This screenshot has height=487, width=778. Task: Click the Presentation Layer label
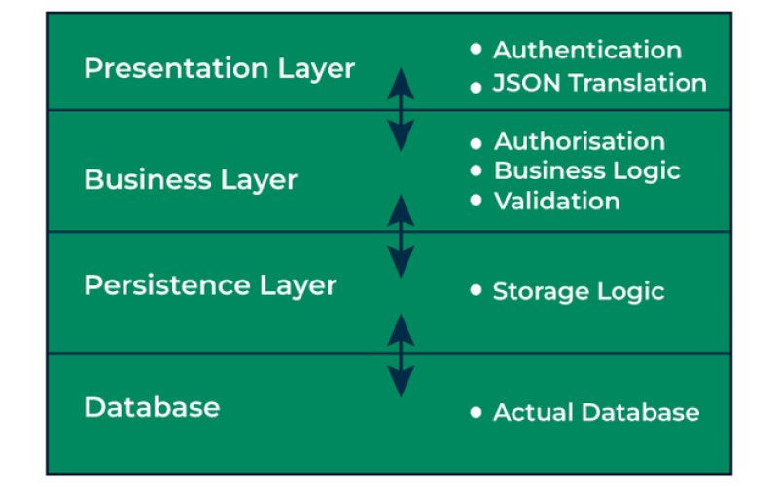[219, 69]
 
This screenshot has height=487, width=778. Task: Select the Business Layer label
[191, 180]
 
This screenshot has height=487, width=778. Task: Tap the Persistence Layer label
[210, 285]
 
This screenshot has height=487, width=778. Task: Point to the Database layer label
[152, 406]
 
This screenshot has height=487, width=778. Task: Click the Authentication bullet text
[586, 50]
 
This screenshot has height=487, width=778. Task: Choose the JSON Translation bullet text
[599, 83]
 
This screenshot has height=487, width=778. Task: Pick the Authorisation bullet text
[579, 142]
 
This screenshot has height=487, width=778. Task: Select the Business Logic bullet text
[586, 170]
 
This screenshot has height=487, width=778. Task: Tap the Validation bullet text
[556, 201]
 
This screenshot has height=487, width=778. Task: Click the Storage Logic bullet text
[578, 291]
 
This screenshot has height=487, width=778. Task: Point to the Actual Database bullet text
[595, 412]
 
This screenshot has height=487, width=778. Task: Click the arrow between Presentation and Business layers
[401, 109]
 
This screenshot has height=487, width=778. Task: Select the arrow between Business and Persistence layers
[401, 235]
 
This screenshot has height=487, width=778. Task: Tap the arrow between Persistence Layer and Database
[401, 355]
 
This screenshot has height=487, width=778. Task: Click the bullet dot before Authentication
[476, 48]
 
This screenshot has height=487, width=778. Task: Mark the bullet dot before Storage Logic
[476, 290]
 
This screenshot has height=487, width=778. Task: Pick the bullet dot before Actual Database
[476, 412]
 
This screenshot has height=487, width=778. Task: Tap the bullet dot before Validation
[476, 200]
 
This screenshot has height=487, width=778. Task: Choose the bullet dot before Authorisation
[476, 141]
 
